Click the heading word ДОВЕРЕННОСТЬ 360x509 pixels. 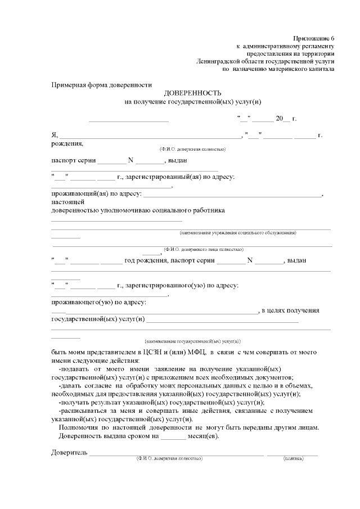(193, 93)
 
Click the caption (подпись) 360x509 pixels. (293, 458)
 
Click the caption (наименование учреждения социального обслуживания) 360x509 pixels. (238, 232)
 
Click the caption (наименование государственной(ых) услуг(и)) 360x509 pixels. (192, 341)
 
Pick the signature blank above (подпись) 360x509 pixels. (292, 453)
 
